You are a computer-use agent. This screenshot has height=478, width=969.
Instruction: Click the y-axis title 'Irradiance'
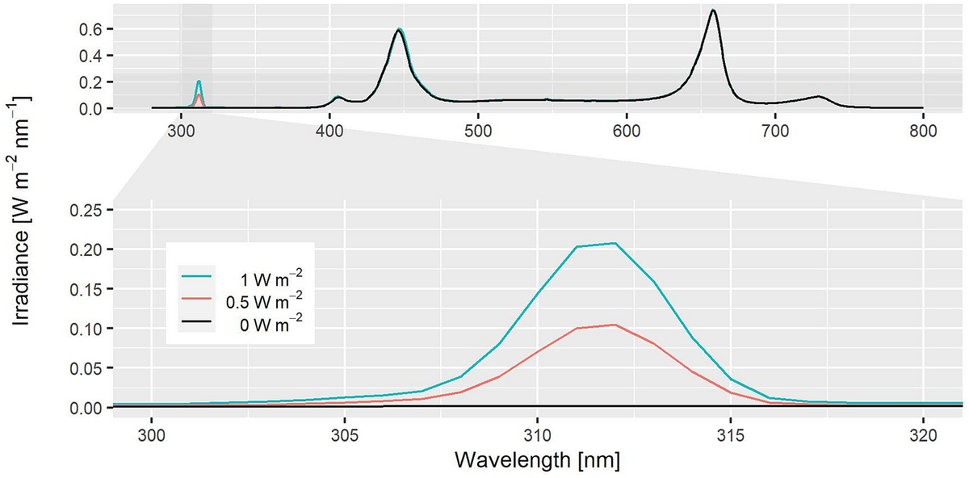(x=22, y=212)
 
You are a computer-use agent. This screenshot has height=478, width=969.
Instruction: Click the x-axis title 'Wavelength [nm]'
(x=537, y=460)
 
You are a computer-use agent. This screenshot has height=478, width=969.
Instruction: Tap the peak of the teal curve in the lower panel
(x=615, y=243)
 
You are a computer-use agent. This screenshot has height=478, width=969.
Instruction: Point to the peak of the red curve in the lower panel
(x=615, y=325)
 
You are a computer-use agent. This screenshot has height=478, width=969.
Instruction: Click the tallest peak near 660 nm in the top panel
(x=712, y=10)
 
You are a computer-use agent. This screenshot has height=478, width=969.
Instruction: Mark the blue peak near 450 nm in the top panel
(x=399, y=30)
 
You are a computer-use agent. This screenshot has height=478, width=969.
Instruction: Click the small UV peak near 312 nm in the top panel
(x=199, y=82)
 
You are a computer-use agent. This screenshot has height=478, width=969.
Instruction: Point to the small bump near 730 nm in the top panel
(x=819, y=97)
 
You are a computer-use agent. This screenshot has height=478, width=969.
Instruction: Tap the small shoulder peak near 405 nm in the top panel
(x=338, y=97)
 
